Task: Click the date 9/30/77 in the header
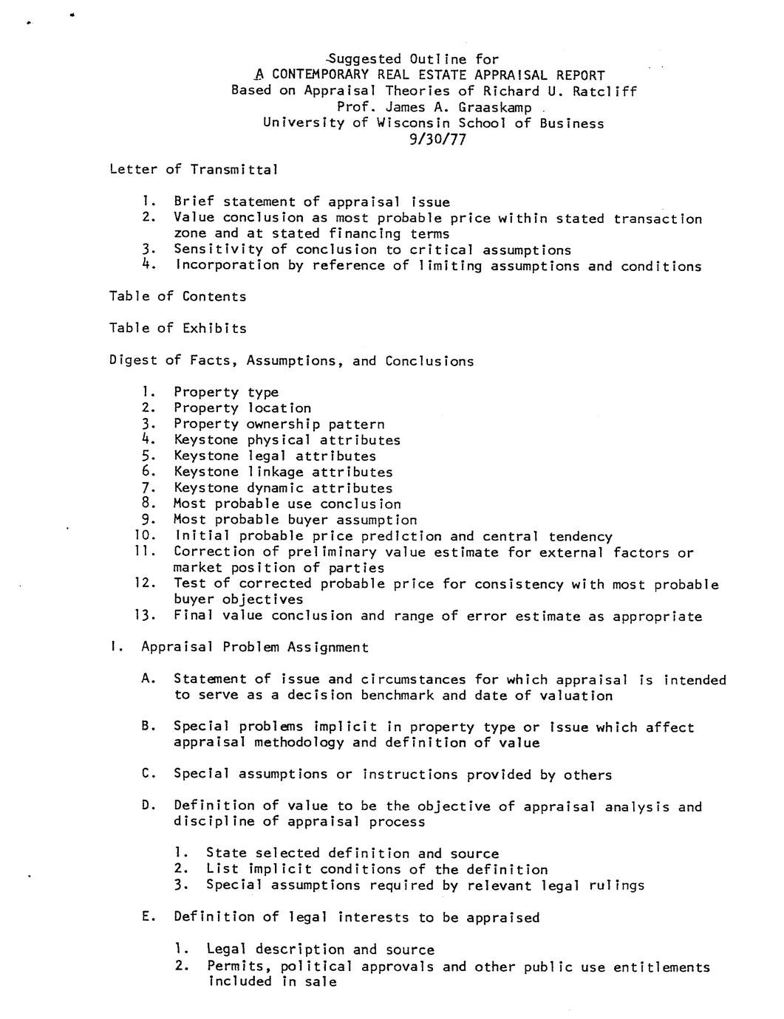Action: (x=437, y=139)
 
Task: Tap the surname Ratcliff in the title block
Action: (x=604, y=91)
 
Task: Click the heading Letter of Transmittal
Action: (x=194, y=170)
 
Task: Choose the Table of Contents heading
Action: (x=178, y=297)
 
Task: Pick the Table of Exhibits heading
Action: (x=178, y=329)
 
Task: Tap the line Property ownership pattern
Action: (x=279, y=424)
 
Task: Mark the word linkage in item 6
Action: (x=275, y=472)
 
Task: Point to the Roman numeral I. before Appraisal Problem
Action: (x=115, y=647)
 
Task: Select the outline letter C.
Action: (x=148, y=774)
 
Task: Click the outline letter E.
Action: (x=148, y=916)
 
